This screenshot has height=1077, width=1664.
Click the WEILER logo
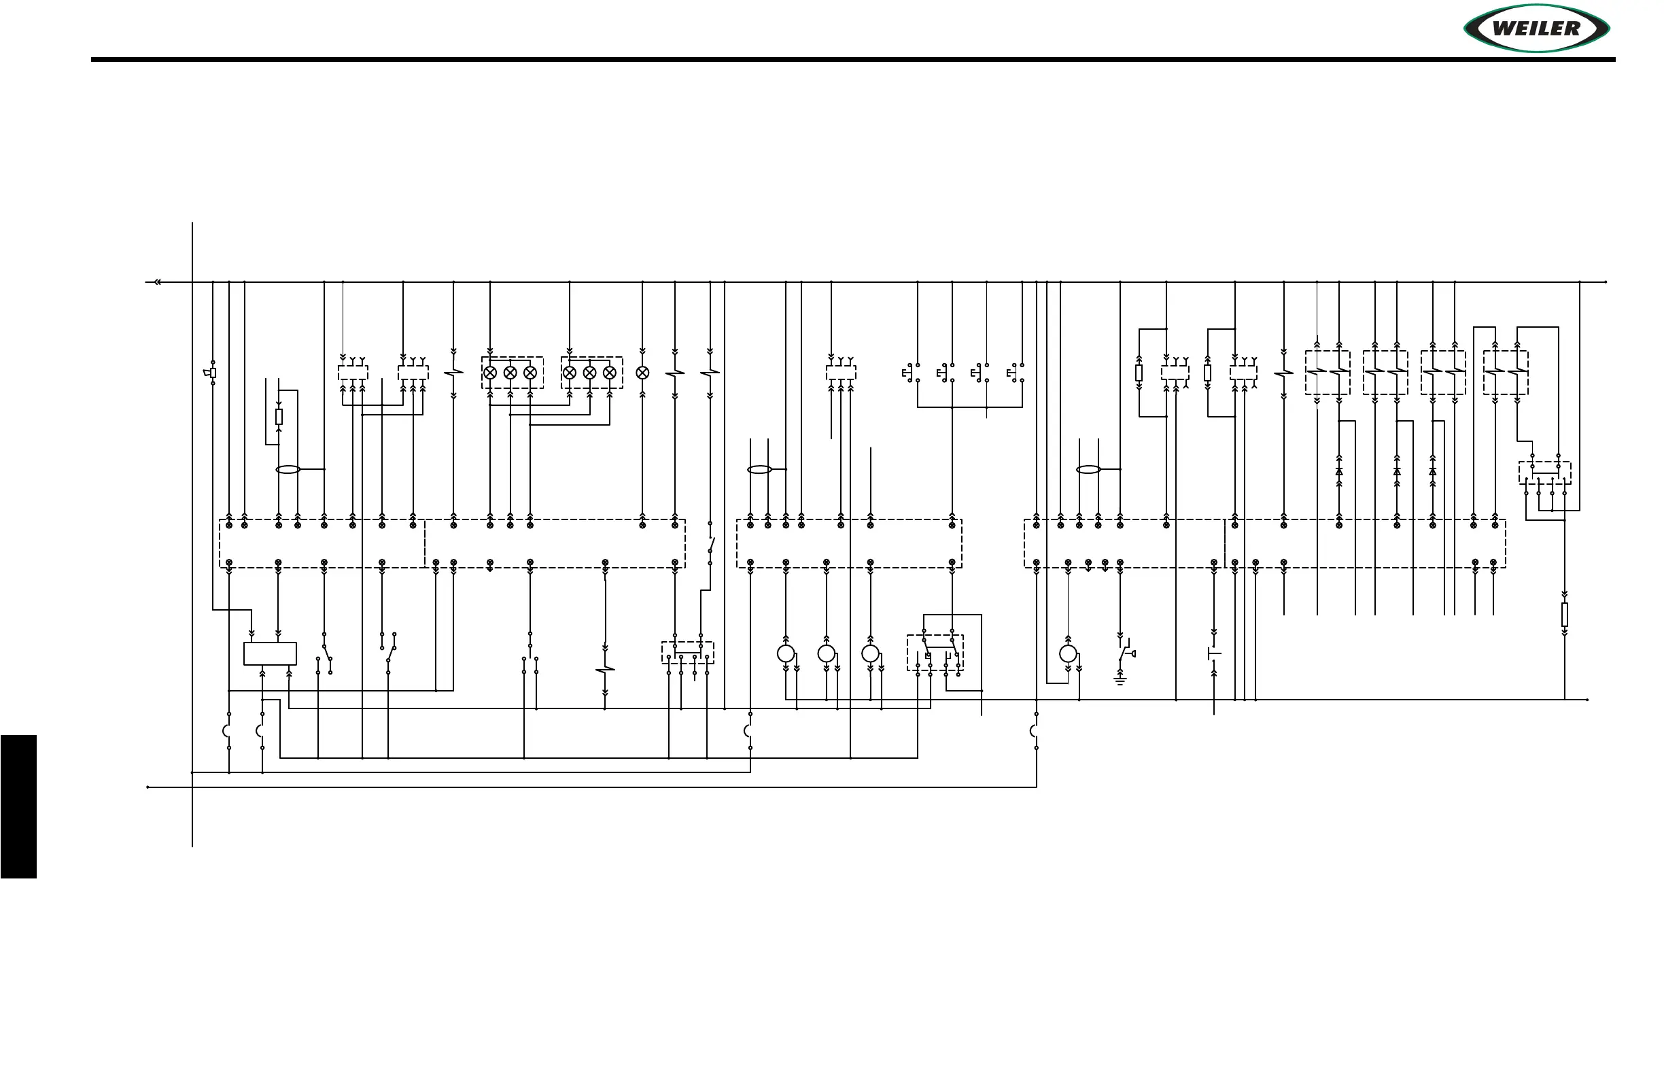(1537, 29)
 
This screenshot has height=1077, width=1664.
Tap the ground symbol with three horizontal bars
(1120, 681)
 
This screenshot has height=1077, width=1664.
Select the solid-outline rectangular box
(270, 654)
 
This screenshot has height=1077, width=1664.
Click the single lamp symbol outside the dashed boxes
(642, 373)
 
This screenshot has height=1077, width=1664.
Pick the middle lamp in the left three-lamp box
(510, 373)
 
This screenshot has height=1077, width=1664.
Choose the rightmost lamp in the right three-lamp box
(610, 373)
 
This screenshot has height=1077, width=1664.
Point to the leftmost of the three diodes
(1339, 471)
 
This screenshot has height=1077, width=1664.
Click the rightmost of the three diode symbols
(1433, 471)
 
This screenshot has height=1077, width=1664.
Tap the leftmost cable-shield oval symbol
(288, 469)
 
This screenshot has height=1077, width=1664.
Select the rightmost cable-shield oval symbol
(1088, 469)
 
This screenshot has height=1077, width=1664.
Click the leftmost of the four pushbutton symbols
(909, 373)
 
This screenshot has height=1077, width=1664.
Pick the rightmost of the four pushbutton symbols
(1014, 373)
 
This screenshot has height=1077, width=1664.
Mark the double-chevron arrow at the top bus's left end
(157, 282)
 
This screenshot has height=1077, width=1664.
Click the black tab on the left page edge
(18, 806)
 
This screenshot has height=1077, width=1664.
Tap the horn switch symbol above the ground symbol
(1125, 653)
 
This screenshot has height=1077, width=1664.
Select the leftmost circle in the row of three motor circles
(786, 654)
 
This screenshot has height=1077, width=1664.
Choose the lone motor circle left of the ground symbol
(1068, 654)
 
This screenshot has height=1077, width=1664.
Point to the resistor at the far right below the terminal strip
(1565, 615)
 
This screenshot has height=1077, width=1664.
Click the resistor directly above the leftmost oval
(279, 417)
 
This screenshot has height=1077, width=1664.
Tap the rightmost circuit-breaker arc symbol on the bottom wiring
(1033, 732)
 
